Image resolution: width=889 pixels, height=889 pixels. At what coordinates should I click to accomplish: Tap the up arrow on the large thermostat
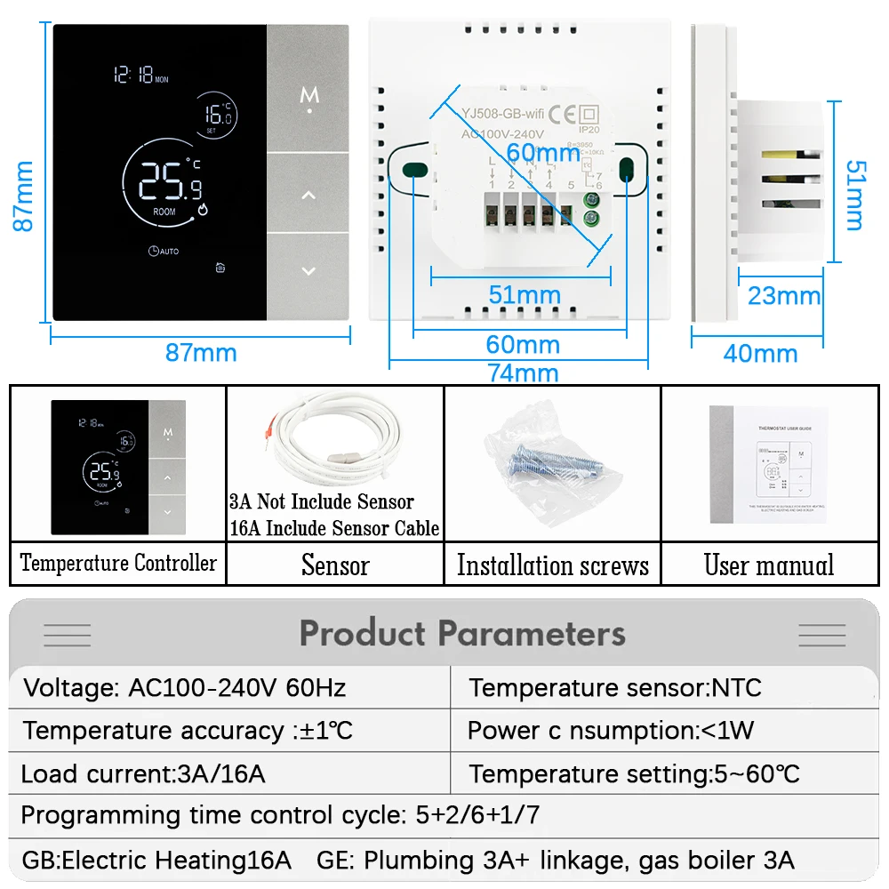308,195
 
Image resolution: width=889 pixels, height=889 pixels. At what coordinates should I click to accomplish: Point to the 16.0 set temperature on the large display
215,115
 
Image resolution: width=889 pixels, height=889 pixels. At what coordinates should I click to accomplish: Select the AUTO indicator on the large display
164,251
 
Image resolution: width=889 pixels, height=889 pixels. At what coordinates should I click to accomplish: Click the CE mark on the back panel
561,113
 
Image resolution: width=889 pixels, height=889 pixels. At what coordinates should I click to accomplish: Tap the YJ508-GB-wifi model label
501,112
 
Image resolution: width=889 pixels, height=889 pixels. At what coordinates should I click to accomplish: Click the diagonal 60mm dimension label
543,153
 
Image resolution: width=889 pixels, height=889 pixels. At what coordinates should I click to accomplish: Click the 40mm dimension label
760,353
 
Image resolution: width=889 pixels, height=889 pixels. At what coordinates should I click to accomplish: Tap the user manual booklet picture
768,464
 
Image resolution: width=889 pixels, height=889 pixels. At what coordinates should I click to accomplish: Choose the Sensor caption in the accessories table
335,565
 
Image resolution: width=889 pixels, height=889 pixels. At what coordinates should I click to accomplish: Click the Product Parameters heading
462,634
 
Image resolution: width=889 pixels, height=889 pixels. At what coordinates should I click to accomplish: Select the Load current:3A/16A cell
143,773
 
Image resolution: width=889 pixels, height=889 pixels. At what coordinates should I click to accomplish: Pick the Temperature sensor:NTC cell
615,687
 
